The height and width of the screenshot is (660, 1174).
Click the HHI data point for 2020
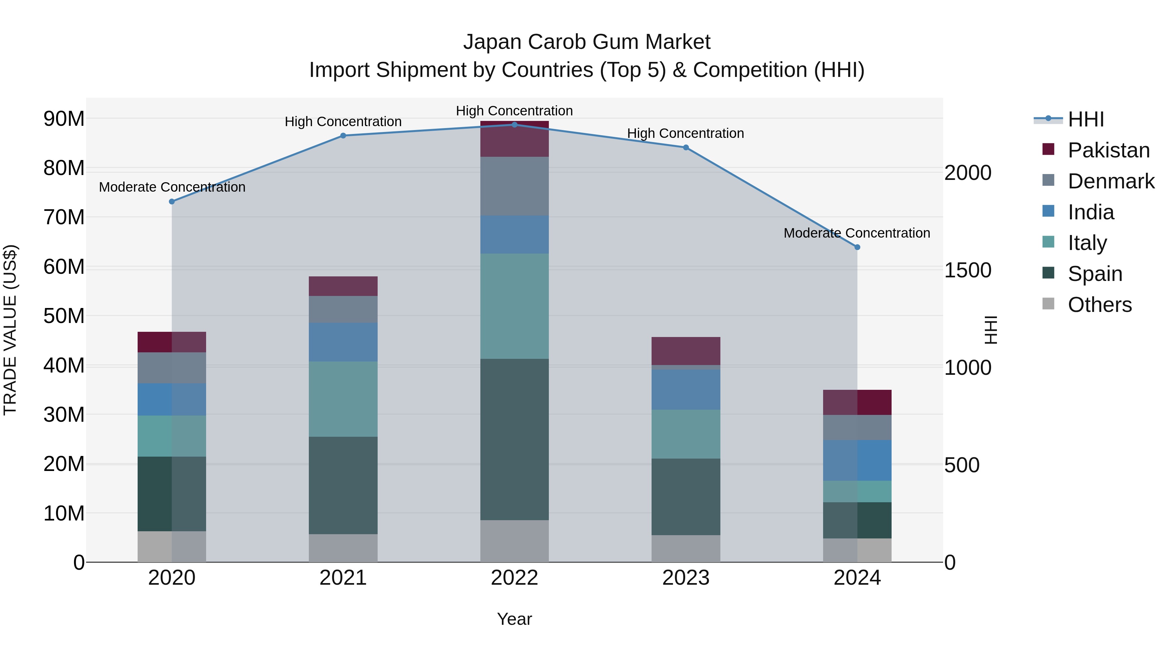172,202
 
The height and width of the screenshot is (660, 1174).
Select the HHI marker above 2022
515,125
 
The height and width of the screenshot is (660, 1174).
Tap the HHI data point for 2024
857,247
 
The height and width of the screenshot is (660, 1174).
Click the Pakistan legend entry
1108,150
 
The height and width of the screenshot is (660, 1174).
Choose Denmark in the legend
1111,181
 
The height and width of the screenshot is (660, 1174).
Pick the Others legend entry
1099,305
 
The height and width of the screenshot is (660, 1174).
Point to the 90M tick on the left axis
64,119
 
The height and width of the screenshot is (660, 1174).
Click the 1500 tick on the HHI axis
968,271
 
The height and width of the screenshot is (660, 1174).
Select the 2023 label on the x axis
685,578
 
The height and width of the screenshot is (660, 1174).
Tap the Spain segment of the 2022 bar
515,440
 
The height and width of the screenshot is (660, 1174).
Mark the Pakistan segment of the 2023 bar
686,351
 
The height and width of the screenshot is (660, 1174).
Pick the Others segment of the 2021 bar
343,548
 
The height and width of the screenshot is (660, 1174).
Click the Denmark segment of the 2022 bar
515,186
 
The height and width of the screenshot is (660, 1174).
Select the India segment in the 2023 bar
686,389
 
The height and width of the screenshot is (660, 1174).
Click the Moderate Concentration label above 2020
172,187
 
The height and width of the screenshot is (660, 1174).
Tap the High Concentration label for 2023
685,133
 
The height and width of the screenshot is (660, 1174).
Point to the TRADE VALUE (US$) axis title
10,330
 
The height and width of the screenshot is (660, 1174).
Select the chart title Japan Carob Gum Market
587,42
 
